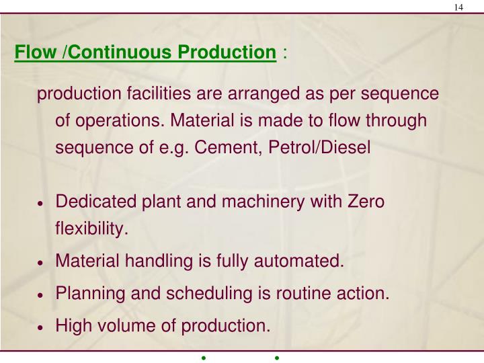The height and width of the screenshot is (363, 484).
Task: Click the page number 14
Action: (458, 7)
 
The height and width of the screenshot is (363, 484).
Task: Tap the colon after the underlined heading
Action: (286, 52)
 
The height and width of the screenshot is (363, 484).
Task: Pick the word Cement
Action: (218, 147)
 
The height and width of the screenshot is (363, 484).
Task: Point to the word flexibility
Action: (91, 229)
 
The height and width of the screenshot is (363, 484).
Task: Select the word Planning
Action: (86, 294)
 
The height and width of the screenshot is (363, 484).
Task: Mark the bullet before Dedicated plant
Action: (42, 204)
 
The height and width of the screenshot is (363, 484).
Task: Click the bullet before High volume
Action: (42, 328)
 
